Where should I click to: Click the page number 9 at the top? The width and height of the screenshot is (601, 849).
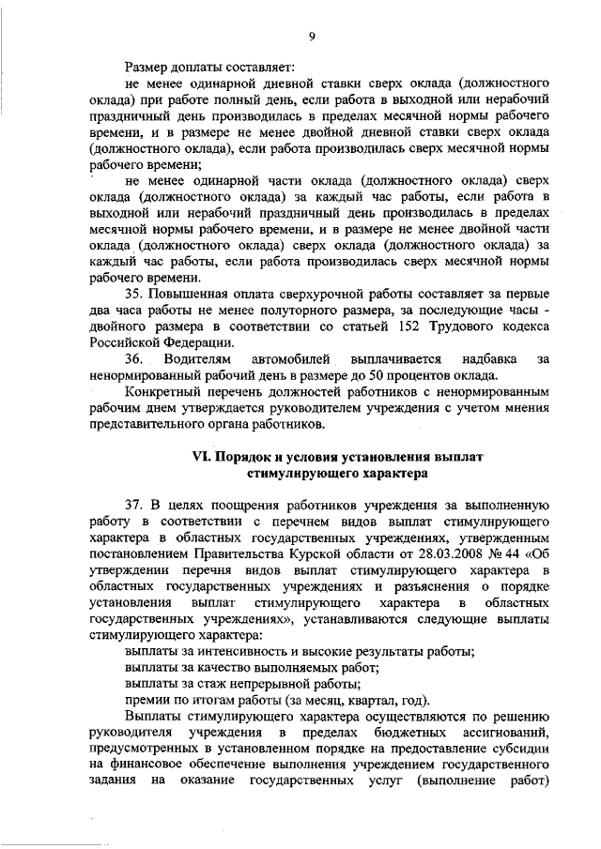coord(311,38)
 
